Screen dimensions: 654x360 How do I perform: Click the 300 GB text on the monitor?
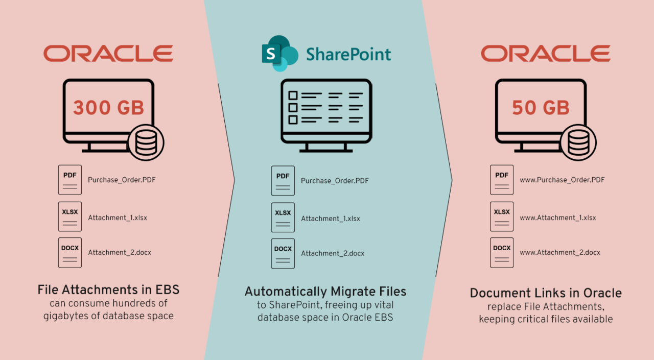[x=108, y=108]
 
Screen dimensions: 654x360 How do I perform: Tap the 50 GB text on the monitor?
[x=541, y=108]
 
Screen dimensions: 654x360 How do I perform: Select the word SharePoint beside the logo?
[x=348, y=54]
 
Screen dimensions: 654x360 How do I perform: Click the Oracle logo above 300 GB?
[x=108, y=53]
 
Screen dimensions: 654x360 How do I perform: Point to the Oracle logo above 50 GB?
[x=545, y=53]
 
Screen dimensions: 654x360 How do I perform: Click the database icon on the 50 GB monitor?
[x=578, y=142]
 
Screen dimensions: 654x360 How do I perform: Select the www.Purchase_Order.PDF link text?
[x=562, y=180]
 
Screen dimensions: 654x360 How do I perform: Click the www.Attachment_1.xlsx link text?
[x=557, y=218]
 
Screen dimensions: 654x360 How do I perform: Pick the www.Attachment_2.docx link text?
[x=559, y=252]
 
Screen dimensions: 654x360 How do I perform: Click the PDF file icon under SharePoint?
[x=283, y=180]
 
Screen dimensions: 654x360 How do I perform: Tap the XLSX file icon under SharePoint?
[x=283, y=218]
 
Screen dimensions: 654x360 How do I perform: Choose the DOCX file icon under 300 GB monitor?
[x=69, y=252]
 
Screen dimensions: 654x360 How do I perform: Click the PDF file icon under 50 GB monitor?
[x=502, y=179]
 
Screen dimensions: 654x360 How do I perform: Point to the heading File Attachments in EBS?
[x=108, y=290]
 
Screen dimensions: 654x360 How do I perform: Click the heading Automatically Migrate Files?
[x=325, y=292]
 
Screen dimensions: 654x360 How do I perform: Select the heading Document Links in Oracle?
[x=546, y=293]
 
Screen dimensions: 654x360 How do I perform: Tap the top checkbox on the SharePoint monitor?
[x=293, y=95]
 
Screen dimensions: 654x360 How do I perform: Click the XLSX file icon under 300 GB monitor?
[x=69, y=217]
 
